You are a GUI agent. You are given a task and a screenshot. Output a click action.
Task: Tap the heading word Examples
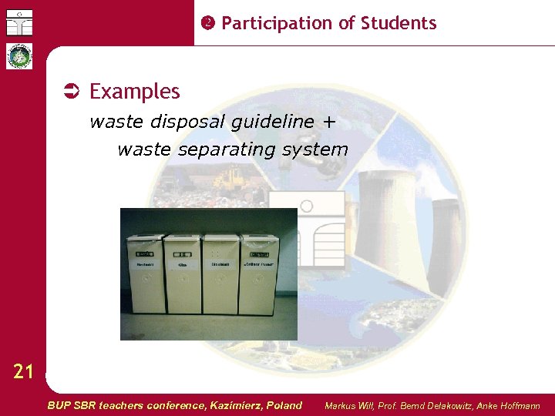(x=135, y=92)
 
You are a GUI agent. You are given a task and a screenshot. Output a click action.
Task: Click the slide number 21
(x=23, y=373)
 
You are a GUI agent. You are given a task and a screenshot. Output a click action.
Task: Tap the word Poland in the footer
(x=284, y=405)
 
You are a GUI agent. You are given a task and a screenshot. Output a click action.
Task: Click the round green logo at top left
(x=19, y=56)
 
